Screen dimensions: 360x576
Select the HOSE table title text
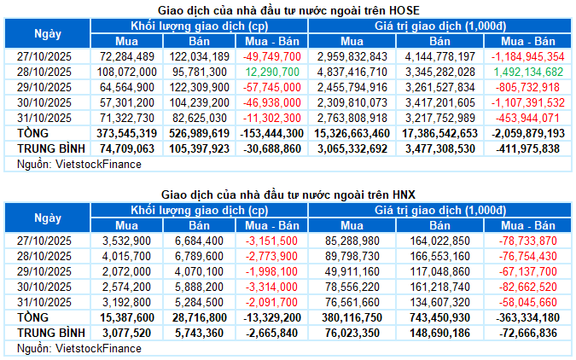tap(288, 9)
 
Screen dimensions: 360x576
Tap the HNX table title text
tap(288, 195)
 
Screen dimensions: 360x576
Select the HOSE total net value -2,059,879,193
tap(528, 133)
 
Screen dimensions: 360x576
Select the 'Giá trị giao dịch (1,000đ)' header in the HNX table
tap(439, 211)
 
